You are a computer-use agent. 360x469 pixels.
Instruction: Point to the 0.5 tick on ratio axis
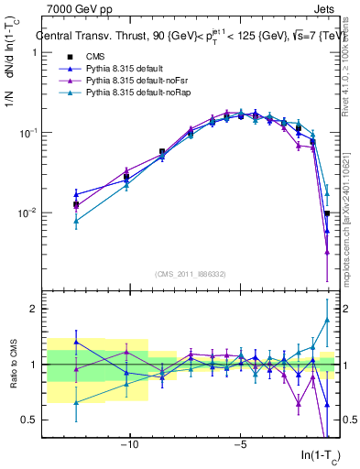(28, 420)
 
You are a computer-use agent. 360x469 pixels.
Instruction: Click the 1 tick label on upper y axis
(34, 52)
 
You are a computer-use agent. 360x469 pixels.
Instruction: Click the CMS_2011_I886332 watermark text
(191, 273)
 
